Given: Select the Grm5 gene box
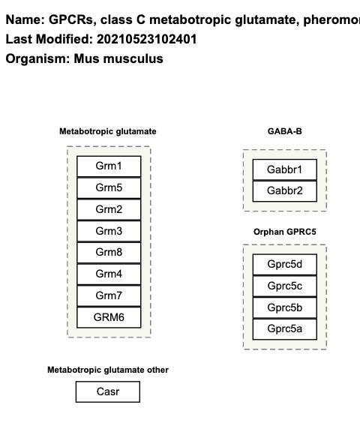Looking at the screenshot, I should [108, 187].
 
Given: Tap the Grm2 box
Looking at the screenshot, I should [108, 209].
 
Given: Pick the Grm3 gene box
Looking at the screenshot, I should [108, 231].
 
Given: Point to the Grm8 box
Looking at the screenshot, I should [108, 253].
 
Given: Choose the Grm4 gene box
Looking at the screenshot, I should [108, 274].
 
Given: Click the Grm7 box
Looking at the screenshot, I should [108, 296].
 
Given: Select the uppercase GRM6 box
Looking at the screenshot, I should [108, 318].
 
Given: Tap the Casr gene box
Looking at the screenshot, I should [108, 392].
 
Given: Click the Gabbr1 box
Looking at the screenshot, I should [284, 169].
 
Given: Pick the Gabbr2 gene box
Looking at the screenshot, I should [284, 191].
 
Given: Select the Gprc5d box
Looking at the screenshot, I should [284, 264].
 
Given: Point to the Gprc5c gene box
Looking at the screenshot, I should [284, 286].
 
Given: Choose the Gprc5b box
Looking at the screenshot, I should [284, 307].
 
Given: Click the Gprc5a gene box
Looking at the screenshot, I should [284, 329].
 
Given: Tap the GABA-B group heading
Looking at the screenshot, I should [284, 131].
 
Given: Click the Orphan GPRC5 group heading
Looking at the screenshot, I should [284, 232].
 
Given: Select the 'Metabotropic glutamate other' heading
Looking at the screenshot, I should [108, 370].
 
